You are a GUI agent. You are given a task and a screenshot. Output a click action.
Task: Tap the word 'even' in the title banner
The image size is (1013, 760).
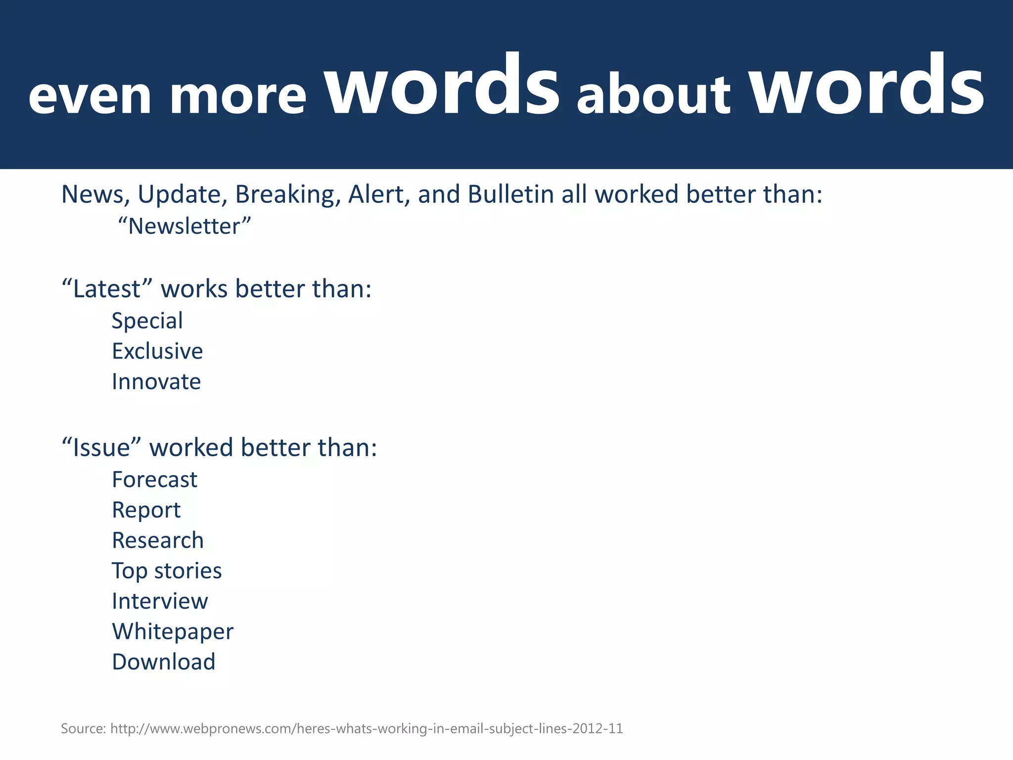[90, 96]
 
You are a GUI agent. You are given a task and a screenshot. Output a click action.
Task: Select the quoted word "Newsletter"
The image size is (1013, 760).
[184, 227]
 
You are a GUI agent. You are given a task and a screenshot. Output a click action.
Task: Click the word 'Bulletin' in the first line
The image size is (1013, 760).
[510, 194]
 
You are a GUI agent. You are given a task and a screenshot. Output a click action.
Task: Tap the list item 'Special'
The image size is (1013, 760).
[147, 321]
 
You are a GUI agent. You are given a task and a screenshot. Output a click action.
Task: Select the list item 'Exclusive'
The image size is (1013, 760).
[157, 351]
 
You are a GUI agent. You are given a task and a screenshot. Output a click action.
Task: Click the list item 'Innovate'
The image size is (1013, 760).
[156, 381]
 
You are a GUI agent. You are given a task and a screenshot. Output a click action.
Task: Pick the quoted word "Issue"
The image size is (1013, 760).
[101, 447]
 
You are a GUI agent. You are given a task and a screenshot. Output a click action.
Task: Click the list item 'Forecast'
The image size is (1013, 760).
[154, 479]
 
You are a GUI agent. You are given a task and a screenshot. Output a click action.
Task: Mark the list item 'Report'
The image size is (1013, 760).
[146, 510]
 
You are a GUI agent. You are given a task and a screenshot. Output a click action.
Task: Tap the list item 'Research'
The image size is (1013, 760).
[158, 540]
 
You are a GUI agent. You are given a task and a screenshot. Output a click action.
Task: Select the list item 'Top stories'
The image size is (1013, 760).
[167, 571]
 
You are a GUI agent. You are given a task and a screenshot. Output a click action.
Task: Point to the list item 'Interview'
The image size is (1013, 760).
[160, 601]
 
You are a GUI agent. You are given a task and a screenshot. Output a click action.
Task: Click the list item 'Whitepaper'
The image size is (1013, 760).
[173, 632]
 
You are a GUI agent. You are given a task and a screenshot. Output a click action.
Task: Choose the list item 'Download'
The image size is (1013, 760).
[164, 662]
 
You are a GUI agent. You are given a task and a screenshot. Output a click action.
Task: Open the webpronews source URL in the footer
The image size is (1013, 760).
[366, 729]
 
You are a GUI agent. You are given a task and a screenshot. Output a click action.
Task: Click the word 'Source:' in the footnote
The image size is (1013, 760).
[83, 729]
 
